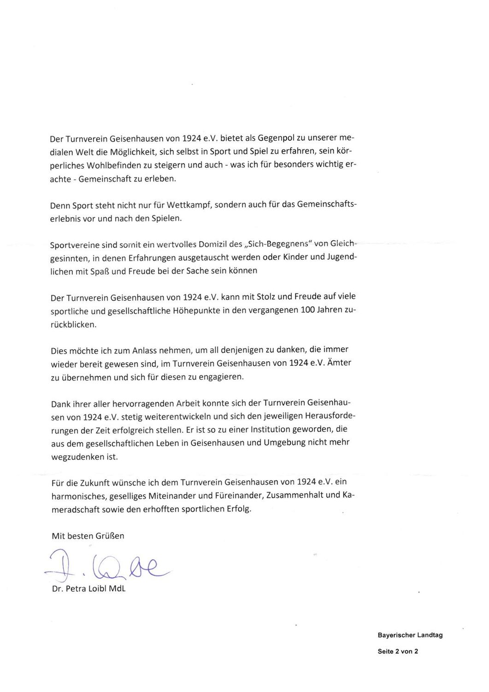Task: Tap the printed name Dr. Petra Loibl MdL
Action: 88,589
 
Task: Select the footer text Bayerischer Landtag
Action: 410,635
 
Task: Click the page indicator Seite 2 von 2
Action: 398,652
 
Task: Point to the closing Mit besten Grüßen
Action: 88,536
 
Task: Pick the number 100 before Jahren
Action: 308,310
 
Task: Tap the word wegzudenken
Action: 78,457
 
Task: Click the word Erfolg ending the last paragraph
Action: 240,509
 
